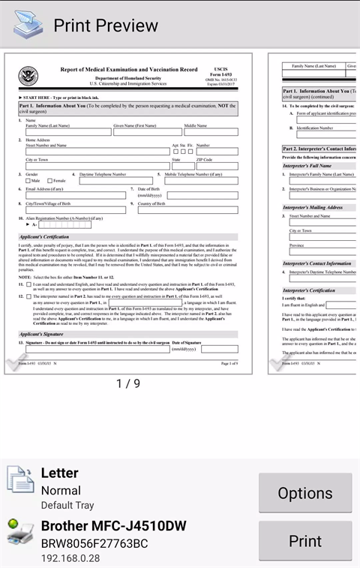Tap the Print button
305,540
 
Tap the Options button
305,493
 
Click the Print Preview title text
106,26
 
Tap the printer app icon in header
28,26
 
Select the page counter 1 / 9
127,383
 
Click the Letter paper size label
59,473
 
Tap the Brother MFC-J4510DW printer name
113,525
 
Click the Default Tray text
67,505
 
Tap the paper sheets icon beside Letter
20,481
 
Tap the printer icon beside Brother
20,533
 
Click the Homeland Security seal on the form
28,77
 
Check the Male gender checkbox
29,181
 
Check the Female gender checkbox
49,181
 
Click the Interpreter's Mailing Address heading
313,207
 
